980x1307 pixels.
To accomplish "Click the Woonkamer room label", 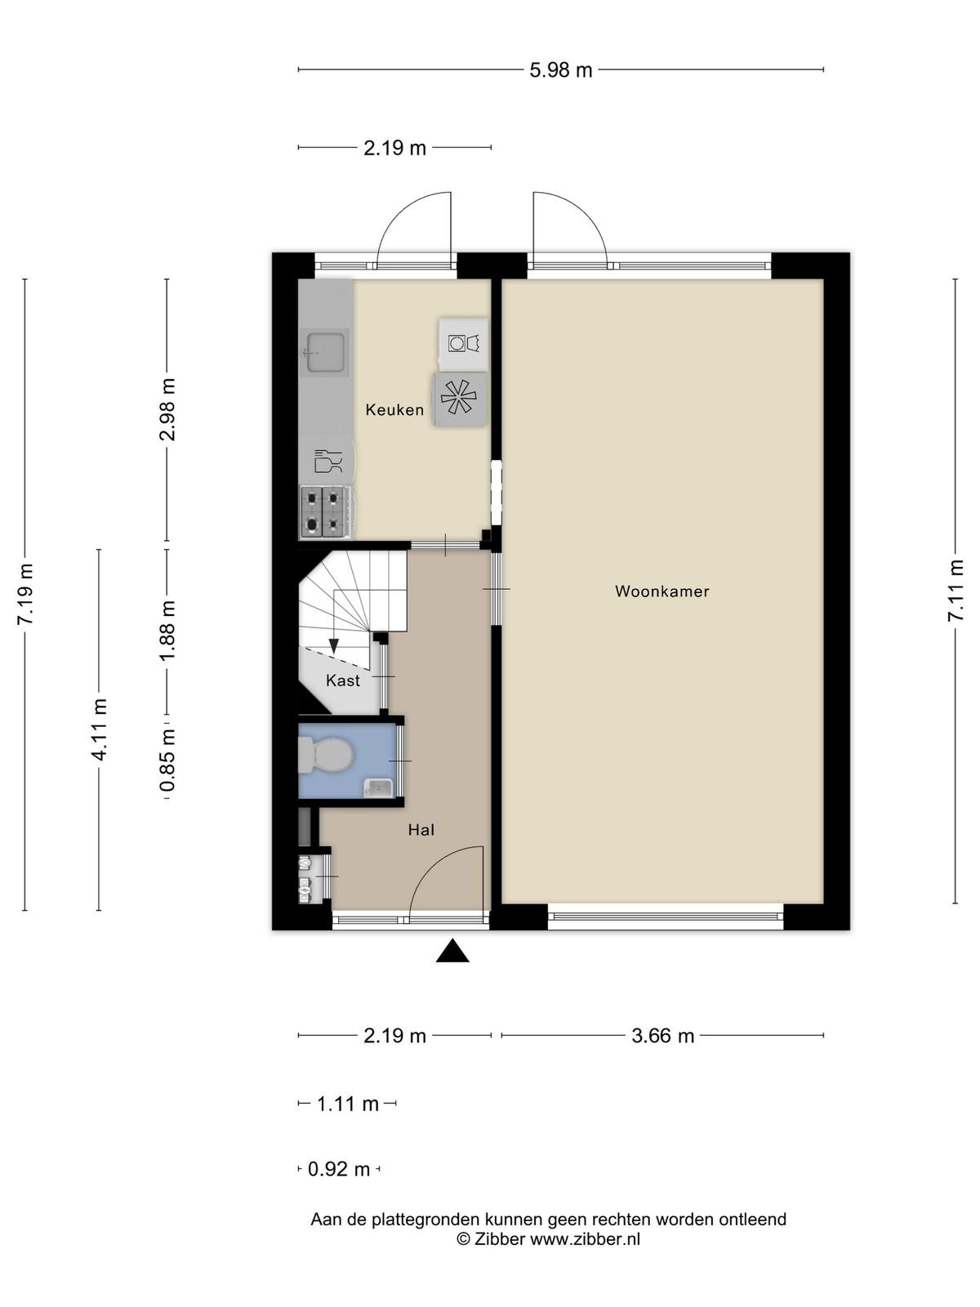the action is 661,591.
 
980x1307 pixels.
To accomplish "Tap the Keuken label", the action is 394,410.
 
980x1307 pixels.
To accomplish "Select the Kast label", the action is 343,680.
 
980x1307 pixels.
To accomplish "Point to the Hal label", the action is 421,829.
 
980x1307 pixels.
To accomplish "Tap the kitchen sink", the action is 324,353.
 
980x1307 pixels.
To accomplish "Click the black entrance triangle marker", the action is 452,950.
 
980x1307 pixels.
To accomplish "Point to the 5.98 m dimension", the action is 560,70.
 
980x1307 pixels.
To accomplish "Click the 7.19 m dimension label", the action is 25,593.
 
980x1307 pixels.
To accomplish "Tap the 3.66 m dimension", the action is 662,1036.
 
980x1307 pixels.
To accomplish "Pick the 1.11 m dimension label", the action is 348,1104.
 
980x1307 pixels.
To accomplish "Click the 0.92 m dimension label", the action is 339,1170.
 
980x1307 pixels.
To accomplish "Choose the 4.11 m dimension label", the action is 100,729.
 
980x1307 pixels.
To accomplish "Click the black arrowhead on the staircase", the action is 334,645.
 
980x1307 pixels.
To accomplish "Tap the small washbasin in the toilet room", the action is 378,788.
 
